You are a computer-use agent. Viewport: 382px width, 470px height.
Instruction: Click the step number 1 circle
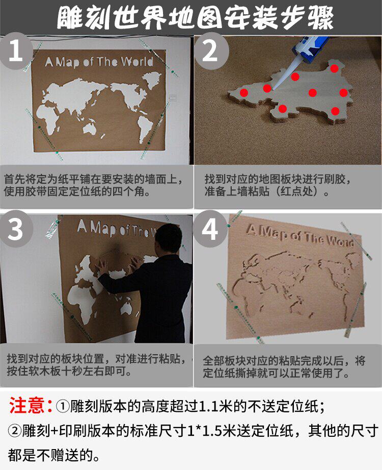[16, 51]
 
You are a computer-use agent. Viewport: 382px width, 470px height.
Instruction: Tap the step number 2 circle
[211, 51]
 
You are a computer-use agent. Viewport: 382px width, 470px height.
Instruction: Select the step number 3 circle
[16, 229]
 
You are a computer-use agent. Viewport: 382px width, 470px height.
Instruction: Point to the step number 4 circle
[210, 229]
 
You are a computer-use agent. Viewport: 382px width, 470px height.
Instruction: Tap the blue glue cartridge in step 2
[311, 46]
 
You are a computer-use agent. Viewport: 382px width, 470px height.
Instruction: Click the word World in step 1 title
[137, 62]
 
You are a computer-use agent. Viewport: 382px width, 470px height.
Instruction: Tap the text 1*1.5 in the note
[204, 431]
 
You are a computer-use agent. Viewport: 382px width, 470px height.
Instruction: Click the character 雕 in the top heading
[69, 18]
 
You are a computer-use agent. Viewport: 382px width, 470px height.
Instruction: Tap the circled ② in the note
[15, 431]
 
